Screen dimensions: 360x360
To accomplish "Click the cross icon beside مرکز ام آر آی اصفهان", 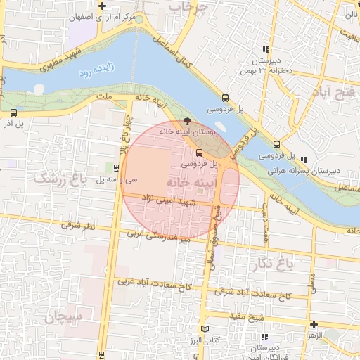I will coord(103,6).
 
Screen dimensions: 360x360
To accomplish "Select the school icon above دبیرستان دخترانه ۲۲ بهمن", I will coord(265,49).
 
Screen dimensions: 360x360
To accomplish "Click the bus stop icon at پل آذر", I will coord(14,112).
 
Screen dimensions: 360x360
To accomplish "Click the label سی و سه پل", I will coord(110,180).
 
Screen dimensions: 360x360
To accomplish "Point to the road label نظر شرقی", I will coord(77,226).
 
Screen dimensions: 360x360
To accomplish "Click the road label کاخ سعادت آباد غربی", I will coord(143,282).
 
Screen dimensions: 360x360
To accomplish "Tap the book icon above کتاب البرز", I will coord(205,329).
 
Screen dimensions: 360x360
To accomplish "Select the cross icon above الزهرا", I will coord(313,324).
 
